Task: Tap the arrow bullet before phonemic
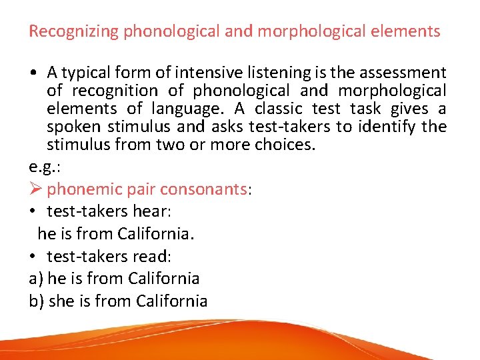point(36,189)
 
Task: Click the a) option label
point(36,279)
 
